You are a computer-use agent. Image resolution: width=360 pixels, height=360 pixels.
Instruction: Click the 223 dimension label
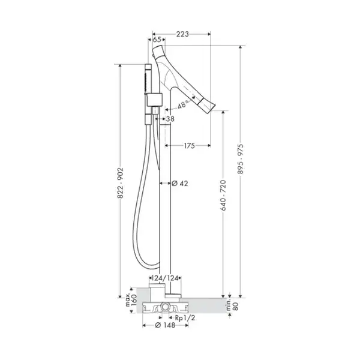(182, 34)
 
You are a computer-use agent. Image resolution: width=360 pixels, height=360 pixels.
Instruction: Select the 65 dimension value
(157, 40)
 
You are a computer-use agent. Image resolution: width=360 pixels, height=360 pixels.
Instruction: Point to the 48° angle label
(182, 104)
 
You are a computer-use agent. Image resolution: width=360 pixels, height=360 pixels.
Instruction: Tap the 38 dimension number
(170, 119)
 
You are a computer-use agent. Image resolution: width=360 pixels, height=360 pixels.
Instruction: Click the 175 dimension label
(189, 146)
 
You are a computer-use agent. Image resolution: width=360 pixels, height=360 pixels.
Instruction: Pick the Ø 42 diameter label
(180, 183)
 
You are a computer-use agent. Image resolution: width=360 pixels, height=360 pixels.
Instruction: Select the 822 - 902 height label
(121, 183)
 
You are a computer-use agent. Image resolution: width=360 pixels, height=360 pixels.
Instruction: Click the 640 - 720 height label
(223, 195)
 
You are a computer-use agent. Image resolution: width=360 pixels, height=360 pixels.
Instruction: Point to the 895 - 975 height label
(241, 159)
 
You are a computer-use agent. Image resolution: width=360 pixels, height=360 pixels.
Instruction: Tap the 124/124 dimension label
(165, 278)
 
